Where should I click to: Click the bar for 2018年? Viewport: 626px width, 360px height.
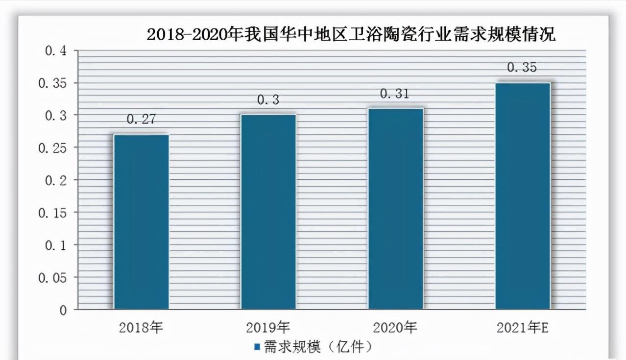141,221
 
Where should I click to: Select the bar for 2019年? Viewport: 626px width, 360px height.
268,212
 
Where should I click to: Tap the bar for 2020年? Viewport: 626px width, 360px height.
396,209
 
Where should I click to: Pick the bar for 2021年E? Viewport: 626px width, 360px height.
523,196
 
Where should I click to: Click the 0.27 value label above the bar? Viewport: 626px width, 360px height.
141,119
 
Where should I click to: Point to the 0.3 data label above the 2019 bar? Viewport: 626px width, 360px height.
268,100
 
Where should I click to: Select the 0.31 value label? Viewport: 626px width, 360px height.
395,94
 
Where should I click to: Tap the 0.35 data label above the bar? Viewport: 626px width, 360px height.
522,68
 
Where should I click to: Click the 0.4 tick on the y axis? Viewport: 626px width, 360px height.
55,51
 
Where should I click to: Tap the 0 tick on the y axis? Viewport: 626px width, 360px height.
63,310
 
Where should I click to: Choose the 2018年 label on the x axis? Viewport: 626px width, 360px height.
141,328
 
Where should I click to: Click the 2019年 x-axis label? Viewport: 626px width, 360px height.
268,328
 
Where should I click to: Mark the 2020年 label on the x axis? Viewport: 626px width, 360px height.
395,328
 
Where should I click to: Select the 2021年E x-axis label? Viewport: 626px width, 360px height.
523,328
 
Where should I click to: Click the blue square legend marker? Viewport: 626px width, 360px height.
257,347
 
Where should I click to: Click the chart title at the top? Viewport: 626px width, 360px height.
351,35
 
